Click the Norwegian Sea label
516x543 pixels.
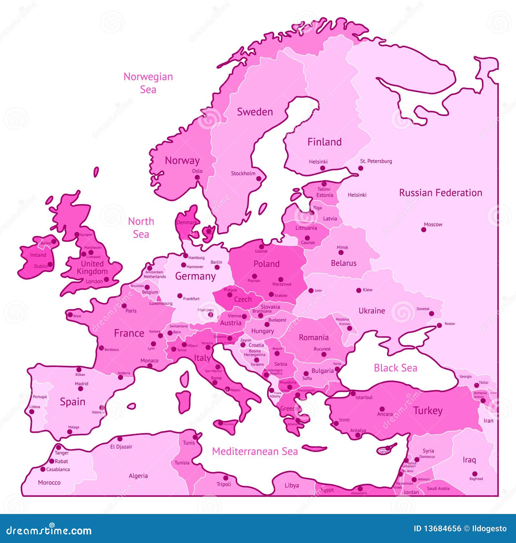(x=148, y=83)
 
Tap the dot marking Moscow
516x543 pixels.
(x=423, y=229)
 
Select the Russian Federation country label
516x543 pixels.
(x=441, y=193)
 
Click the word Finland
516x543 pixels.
(x=324, y=142)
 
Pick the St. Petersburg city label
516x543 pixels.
(x=376, y=161)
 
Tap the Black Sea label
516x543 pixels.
(x=395, y=368)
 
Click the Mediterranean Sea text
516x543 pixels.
(x=255, y=451)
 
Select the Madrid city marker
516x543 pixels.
(x=81, y=389)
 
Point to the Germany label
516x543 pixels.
(x=195, y=276)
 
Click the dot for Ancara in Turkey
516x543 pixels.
(x=382, y=409)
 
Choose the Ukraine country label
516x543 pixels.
(x=372, y=311)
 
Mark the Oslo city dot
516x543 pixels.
(x=197, y=177)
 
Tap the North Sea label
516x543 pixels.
(x=141, y=228)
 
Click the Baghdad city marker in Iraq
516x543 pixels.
(x=474, y=474)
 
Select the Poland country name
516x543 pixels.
(x=266, y=264)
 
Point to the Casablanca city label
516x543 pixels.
(x=58, y=469)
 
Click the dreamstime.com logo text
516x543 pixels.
(x=49, y=530)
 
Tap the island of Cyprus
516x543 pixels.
(x=385, y=450)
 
